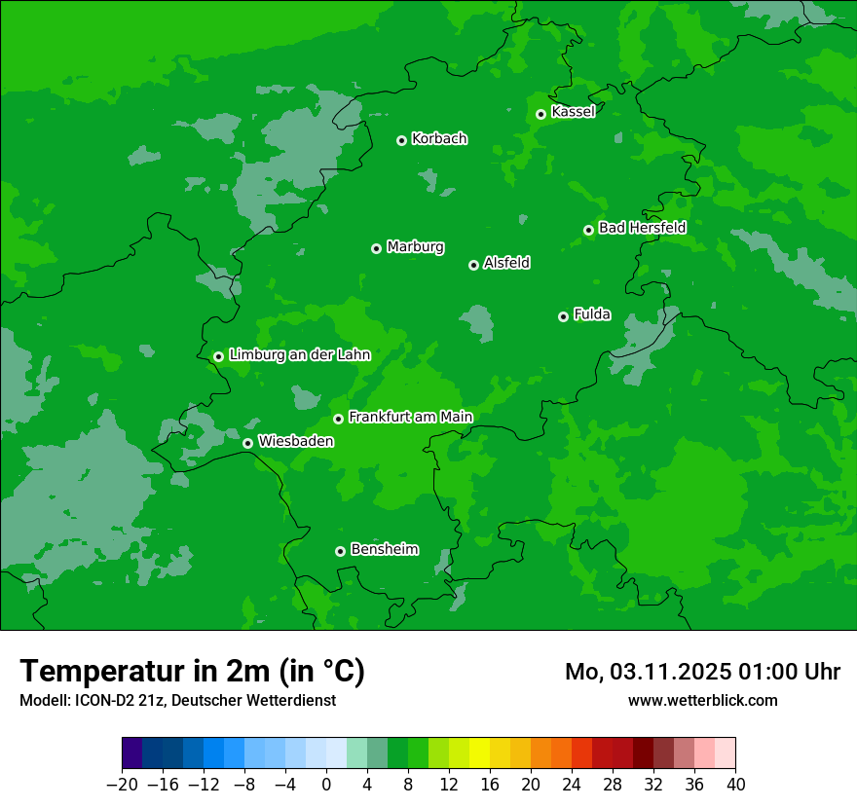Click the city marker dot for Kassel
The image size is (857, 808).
(x=541, y=114)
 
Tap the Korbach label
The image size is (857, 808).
(x=439, y=139)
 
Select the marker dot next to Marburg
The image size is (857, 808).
(x=377, y=248)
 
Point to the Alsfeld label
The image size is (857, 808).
(x=506, y=263)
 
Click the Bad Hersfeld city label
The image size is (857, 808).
(x=642, y=228)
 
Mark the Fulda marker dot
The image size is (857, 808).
(x=563, y=316)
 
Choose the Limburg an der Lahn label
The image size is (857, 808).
(x=299, y=355)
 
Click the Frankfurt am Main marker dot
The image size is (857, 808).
(x=339, y=419)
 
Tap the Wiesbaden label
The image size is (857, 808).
(x=295, y=441)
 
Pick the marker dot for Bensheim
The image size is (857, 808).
(x=340, y=551)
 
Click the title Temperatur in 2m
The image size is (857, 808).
(x=192, y=671)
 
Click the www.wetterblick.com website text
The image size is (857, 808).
(x=702, y=700)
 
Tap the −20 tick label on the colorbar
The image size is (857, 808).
(x=122, y=785)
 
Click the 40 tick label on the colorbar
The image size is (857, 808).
(x=735, y=785)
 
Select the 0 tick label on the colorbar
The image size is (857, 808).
(x=326, y=785)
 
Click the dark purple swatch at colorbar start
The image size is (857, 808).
(x=132, y=753)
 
